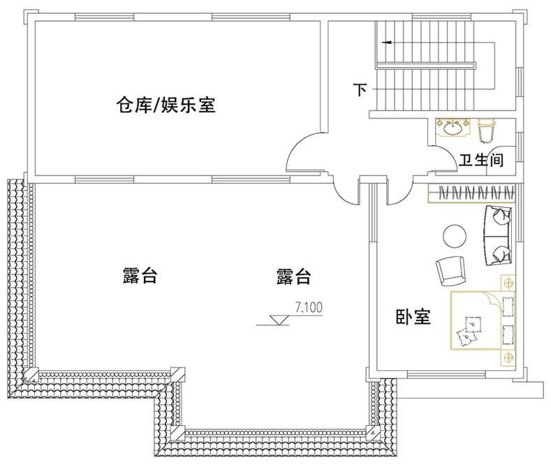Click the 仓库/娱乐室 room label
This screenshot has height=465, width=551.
pos(166,106)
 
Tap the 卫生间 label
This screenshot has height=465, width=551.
pos(481,160)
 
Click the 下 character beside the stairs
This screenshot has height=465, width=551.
pos(360,90)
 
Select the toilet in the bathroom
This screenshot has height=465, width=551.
pos(487,129)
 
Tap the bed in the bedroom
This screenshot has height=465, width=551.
pos(483,319)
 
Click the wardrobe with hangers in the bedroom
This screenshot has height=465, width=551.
pos(472,191)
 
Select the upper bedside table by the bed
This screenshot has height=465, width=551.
pos(508,283)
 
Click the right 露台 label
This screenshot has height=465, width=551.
pos(293,276)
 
